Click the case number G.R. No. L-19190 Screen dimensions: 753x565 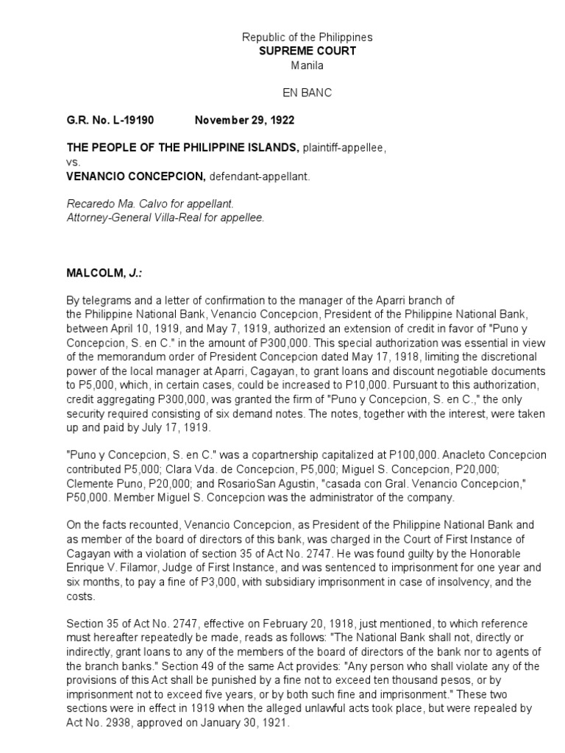[x=110, y=120]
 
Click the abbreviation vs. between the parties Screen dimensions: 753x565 [x=74, y=163]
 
